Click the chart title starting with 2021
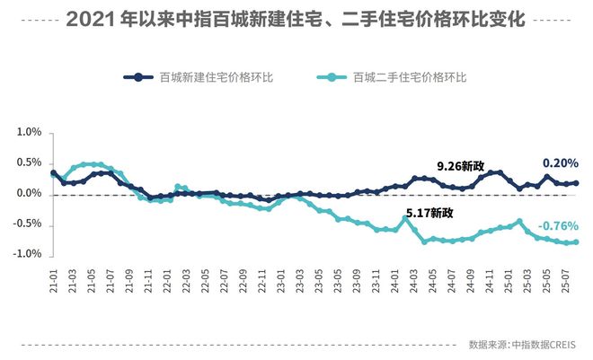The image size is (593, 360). click(x=296, y=19)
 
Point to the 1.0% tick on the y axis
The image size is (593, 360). click(x=29, y=133)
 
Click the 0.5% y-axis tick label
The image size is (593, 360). click(x=29, y=163)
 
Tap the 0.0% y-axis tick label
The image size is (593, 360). click(x=29, y=194)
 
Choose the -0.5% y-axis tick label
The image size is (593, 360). click(x=27, y=224)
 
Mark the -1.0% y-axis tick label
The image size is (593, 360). click(x=27, y=255)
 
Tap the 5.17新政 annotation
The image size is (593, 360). click(x=429, y=213)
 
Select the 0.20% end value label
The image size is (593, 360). click(x=560, y=163)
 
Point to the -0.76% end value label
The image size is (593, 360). click(x=558, y=226)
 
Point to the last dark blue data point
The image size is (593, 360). click(x=576, y=183)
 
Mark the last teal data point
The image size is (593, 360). click(x=576, y=241)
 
